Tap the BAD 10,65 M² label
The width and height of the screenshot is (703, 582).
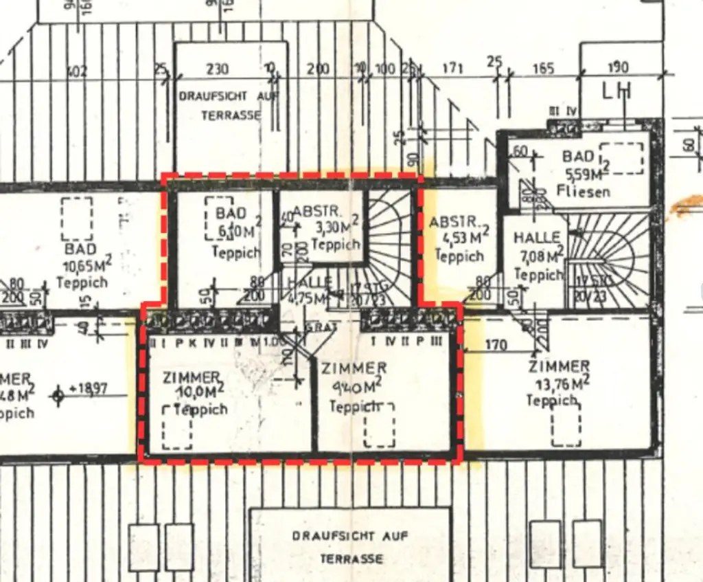click(81, 265)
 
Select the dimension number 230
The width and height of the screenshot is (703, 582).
click(217, 69)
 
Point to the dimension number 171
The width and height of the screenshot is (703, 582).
click(452, 69)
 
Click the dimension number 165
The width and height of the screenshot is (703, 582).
click(543, 69)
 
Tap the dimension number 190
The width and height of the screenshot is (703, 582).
click(617, 68)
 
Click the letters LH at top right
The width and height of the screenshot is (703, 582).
click(616, 91)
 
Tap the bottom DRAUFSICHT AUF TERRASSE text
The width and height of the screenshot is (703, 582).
click(350, 547)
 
